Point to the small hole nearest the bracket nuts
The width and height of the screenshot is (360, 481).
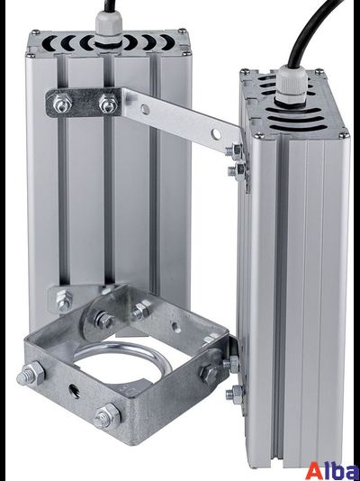click(145, 109)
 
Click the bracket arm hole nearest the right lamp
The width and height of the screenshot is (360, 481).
click(216, 133)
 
